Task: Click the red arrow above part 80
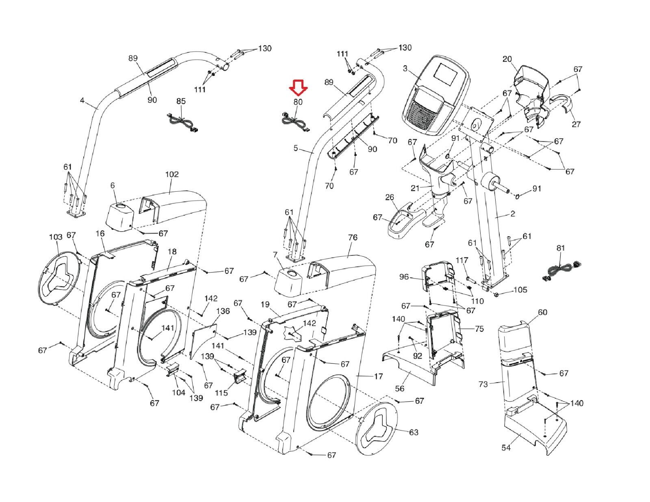298,86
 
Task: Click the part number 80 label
298,102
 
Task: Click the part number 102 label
172,174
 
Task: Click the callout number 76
353,237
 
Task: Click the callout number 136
223,311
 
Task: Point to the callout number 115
221,393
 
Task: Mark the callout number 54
506,448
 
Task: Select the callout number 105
520,290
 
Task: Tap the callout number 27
576,124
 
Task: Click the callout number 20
507,59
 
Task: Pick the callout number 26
390,197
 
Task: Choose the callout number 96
404,277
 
